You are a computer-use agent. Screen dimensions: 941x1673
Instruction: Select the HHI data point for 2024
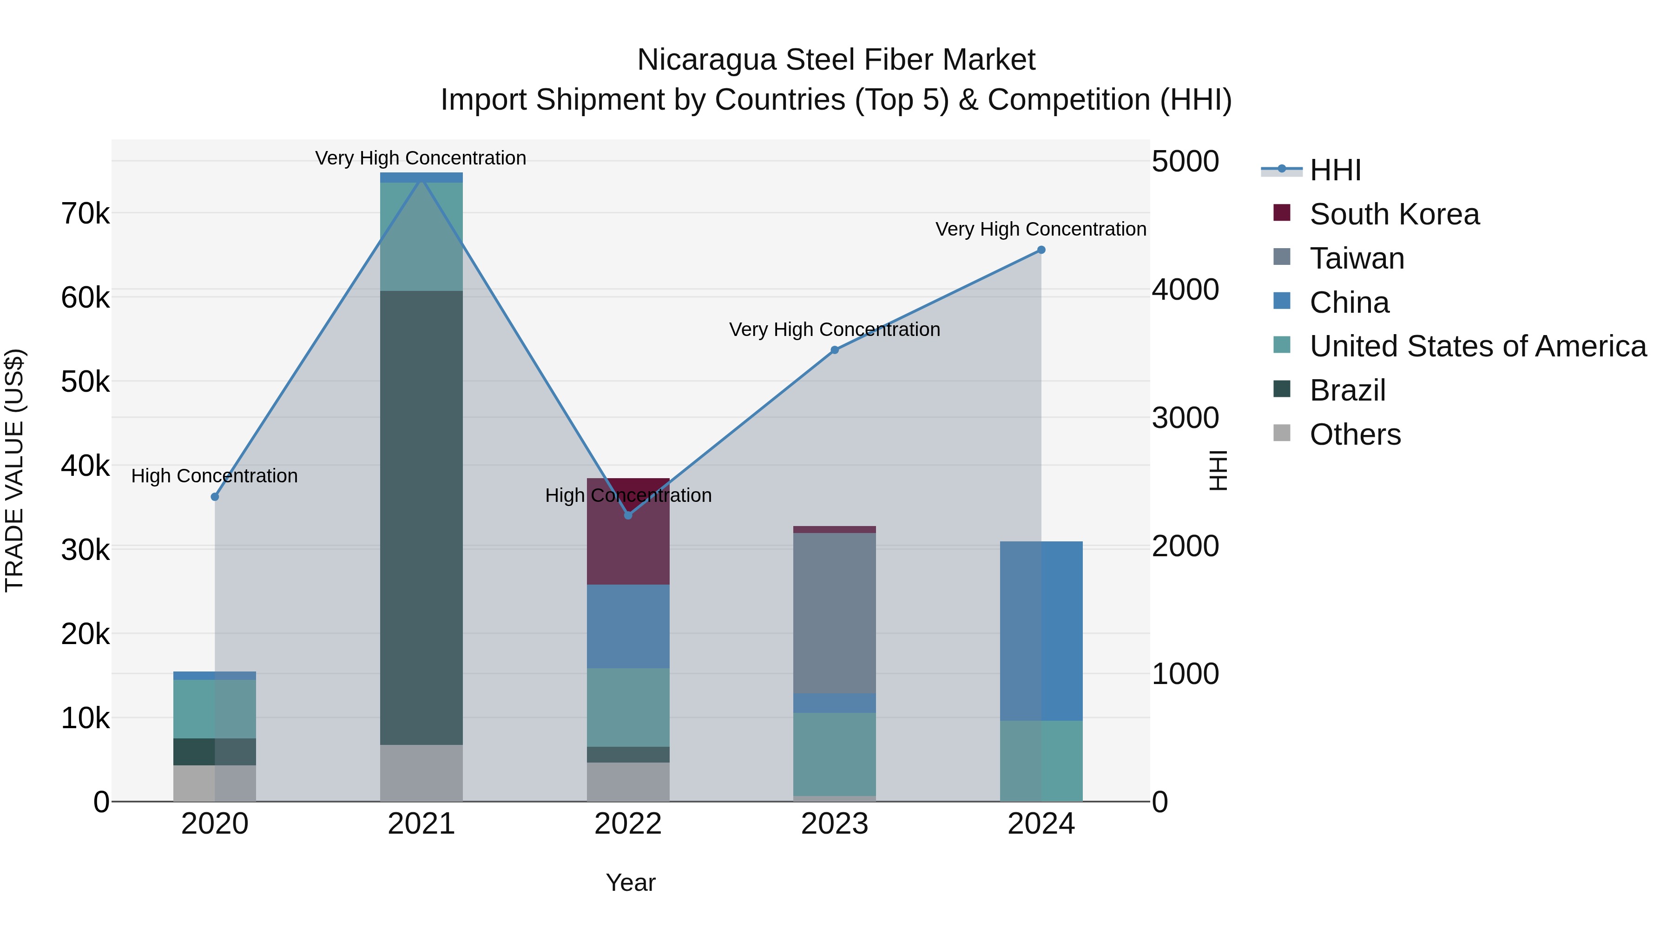1041,250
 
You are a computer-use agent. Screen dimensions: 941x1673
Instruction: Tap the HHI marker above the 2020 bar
215,497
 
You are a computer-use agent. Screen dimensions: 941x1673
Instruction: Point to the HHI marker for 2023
835,350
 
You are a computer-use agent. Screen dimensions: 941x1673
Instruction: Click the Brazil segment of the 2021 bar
422,518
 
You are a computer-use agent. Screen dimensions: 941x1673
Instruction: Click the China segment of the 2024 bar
1041,631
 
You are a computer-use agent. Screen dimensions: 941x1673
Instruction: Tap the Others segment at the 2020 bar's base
215,783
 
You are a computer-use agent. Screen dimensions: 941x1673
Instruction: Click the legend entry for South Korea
1394,214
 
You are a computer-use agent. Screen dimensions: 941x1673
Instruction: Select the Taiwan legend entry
1357,258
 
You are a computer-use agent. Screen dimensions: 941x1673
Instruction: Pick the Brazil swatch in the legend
1282,390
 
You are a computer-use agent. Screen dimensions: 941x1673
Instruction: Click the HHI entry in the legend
1335,170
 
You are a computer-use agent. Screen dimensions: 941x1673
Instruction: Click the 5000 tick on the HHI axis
1185,162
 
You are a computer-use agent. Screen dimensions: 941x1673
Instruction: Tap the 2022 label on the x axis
628,824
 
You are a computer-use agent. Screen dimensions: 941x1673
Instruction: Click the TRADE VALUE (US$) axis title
15,470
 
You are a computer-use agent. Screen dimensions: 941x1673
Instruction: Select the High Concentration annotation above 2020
214,476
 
